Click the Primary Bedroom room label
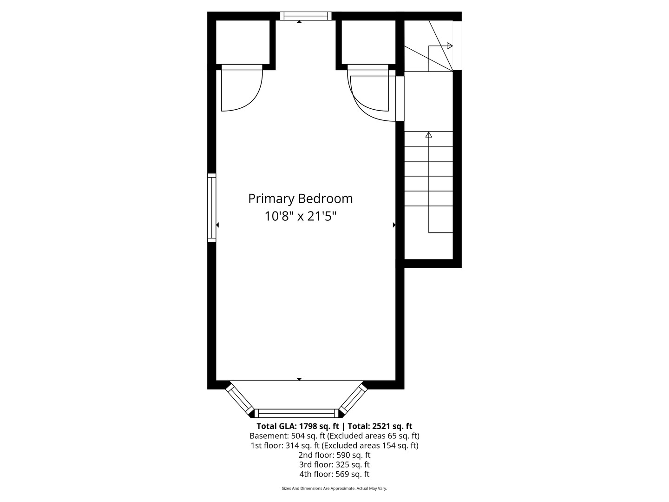click(300, 199)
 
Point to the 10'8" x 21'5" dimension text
click(300, 217)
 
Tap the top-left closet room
click(243, 42)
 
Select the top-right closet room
click(368, 42)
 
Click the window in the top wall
click(305, 16)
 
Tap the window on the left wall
click(211, 208)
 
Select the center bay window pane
click(296, 413)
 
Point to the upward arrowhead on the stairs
click(429, 134)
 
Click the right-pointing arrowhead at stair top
click(450, 46)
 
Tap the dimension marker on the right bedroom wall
click(394, 225)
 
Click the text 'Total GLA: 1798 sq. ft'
click(298, 426)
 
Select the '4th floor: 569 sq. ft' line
click(334, 474)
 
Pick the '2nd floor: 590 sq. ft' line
click(334, 455)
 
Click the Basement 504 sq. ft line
click(334, 436)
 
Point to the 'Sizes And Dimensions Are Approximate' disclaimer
click(334, 488)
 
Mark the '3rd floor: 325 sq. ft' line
click(334, 464)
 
